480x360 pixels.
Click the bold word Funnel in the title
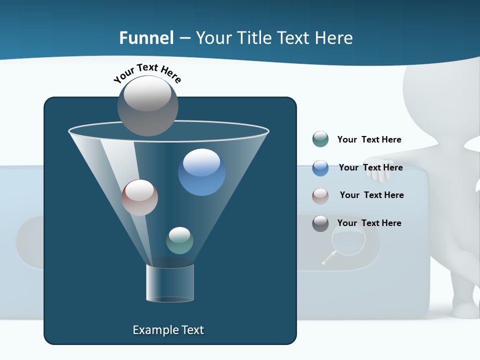(146, 38)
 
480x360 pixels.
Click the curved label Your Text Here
(147, 73)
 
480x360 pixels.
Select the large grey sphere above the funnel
(148, 105)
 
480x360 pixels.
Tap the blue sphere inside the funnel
(201, 172)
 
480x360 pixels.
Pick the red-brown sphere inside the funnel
(139, 197)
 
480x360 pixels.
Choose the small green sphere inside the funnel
(179, 240)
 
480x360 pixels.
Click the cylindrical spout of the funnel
(170, 283)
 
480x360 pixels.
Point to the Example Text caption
(168, 330)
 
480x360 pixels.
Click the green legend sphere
(320, 139)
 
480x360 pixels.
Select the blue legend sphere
(320, 168)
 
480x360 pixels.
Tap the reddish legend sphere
(320, 195)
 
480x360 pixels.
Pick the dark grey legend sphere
(320, 223)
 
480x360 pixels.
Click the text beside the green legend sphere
(369, 139)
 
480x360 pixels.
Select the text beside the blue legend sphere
(370, 167)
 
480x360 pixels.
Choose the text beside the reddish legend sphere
(371, 195)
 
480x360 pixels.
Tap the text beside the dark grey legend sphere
(369, 223)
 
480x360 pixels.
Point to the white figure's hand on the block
(384, 170)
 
